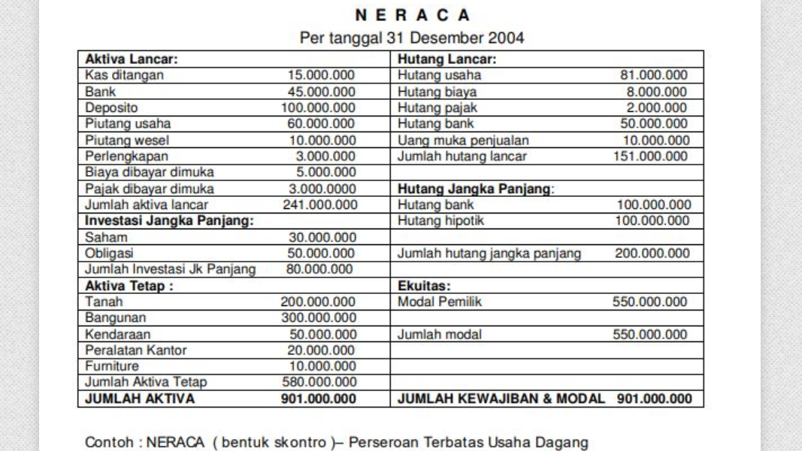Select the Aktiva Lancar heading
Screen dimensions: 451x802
131,59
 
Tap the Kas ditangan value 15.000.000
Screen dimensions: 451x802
322,75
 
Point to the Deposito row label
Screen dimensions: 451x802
111,107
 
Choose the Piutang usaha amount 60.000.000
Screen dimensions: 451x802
322,124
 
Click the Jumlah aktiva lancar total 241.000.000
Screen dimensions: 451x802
320,204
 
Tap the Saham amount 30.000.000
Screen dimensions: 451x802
322,238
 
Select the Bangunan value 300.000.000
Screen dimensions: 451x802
318,318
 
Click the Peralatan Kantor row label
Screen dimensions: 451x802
135,350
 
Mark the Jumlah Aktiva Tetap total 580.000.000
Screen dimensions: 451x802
318,383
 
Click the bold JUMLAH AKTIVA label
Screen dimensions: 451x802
139,399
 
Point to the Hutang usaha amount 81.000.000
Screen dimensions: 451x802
653,75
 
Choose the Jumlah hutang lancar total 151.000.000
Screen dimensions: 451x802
650,156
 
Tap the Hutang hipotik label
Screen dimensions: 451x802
440,221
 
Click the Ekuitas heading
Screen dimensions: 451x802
424,286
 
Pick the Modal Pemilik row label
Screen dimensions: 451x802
440,302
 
